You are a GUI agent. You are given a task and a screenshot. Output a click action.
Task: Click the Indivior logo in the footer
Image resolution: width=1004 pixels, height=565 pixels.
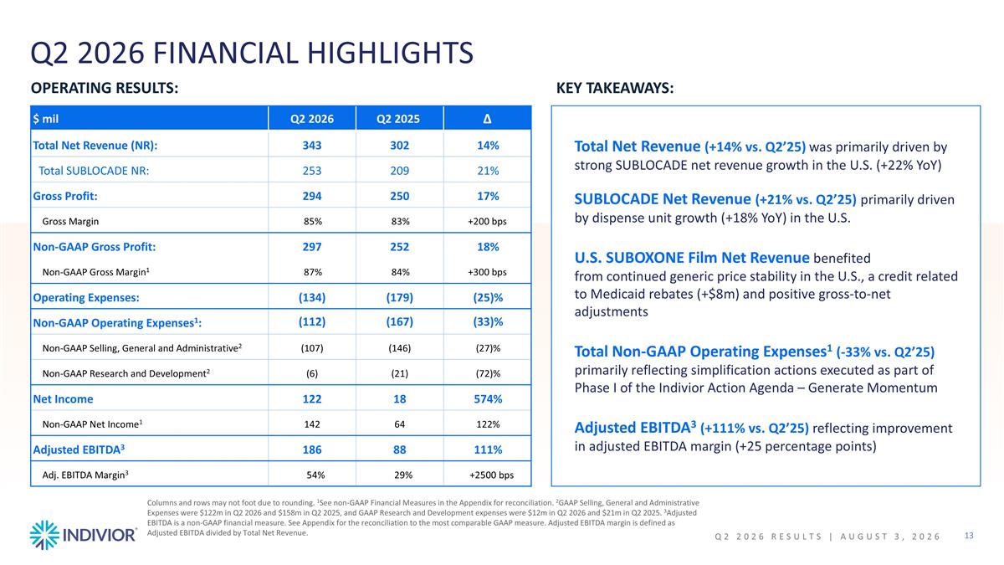[84, 535]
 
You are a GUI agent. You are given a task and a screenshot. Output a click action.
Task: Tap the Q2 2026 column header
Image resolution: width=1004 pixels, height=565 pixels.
[312, 119]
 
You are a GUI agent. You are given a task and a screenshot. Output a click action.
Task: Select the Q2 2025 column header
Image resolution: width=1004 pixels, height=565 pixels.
[398, 119]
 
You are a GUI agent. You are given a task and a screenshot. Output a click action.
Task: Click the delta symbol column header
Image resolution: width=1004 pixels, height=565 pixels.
[487, 119]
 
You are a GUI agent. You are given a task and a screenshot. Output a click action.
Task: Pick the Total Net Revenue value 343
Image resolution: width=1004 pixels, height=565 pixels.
[312, 146]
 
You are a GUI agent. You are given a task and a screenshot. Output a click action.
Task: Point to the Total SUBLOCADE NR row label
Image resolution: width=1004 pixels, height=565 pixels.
[94, 171]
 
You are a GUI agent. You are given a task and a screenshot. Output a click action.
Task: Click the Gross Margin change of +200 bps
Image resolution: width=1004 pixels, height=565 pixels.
[487, 222]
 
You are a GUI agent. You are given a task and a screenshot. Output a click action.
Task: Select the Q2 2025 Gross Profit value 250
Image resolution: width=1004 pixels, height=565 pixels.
[399, 196]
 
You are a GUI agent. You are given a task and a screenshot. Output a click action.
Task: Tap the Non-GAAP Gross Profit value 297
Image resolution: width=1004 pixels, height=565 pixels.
[312, 247]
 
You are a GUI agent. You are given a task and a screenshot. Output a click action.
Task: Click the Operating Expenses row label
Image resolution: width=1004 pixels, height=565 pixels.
[86, 298]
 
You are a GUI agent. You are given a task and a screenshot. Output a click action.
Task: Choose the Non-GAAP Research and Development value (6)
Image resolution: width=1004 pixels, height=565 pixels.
[312, 373]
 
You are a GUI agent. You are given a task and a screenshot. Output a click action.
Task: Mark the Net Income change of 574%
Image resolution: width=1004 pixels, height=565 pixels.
[488, 399]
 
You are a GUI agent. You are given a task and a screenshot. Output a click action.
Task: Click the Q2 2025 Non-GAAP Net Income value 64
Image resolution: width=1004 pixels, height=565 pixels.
[399, 424]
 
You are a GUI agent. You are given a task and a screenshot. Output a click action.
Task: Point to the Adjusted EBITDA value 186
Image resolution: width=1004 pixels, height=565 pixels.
[312, 449]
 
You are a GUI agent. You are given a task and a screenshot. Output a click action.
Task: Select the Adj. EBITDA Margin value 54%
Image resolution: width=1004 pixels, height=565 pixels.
[315, 475]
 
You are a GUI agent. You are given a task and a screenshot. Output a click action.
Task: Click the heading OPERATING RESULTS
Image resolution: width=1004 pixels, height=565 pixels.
[105, 88]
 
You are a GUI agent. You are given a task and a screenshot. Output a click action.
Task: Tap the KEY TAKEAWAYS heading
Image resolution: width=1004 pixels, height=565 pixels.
[615, 88]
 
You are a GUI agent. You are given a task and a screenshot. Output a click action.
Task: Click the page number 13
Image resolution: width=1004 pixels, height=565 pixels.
[969, 536]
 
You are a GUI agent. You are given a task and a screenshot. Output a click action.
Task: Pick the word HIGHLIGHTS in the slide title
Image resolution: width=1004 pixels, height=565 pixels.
[390, 53]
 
